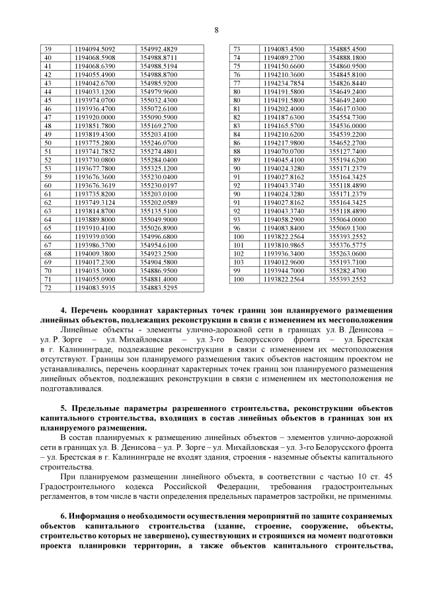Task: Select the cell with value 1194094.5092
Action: point(95,50)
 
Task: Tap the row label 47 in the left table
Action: point(48,117)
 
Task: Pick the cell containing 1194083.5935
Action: point(95,287)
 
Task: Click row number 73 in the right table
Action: point(237,50)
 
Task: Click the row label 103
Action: point(239,262)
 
